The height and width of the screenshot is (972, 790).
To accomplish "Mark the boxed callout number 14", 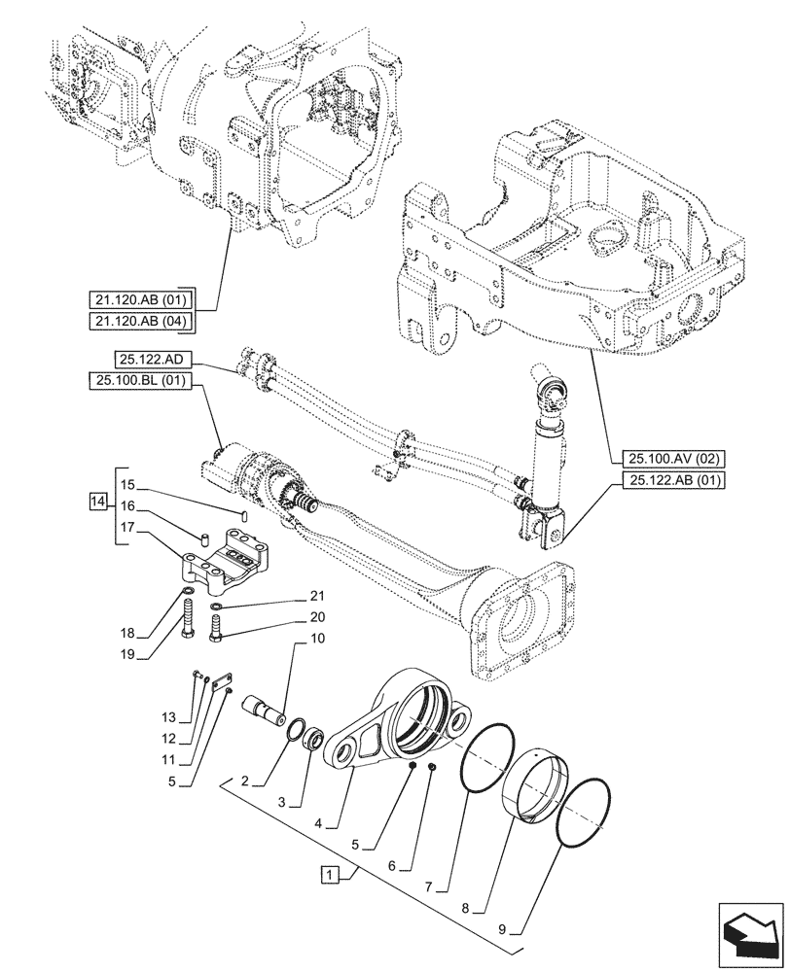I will click(95, 502).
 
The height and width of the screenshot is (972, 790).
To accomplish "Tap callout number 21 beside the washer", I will click(317, 596).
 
